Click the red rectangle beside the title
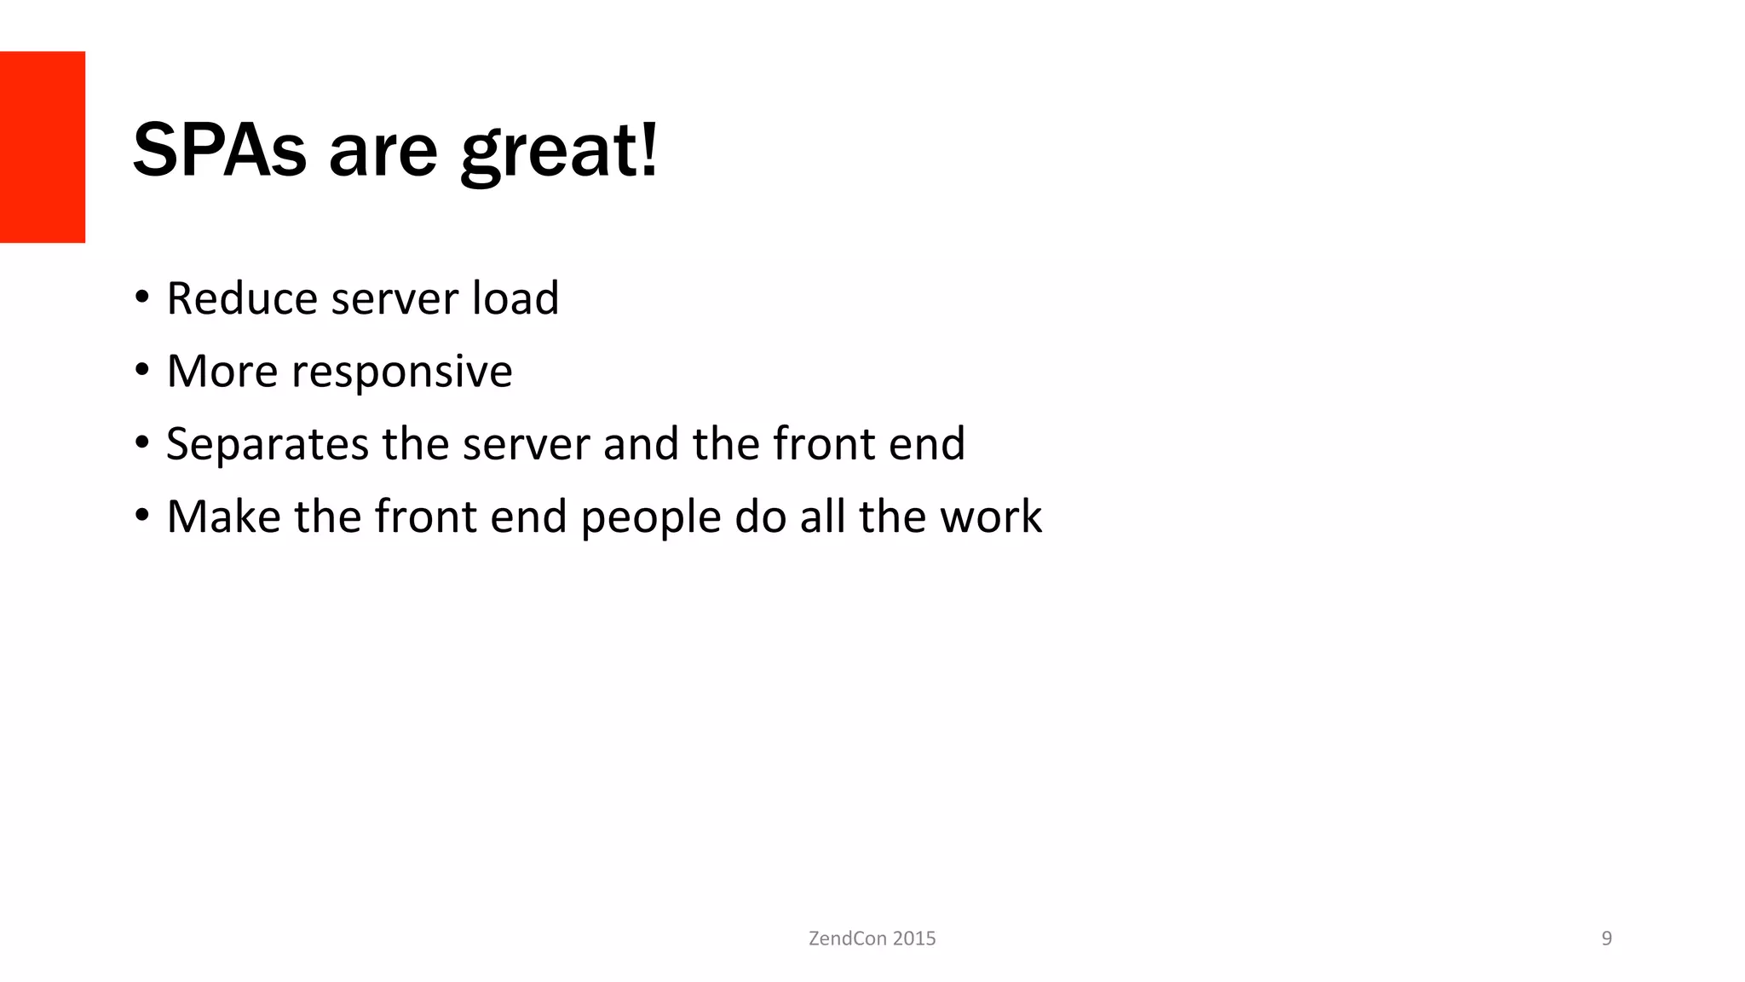[x=43, y=147]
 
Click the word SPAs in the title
[x=219, y=151]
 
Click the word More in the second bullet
[x=222, y=371]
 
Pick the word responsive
[x=401, y=373]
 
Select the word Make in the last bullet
[x=223, y=517]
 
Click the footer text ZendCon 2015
[x=872, y=939]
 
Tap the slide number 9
[x=1606, y=939]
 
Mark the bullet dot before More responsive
[x=141, y=371]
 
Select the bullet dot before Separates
[x=141, y=443]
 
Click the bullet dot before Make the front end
[x=141, y=516]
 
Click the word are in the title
[x=383, y=153]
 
